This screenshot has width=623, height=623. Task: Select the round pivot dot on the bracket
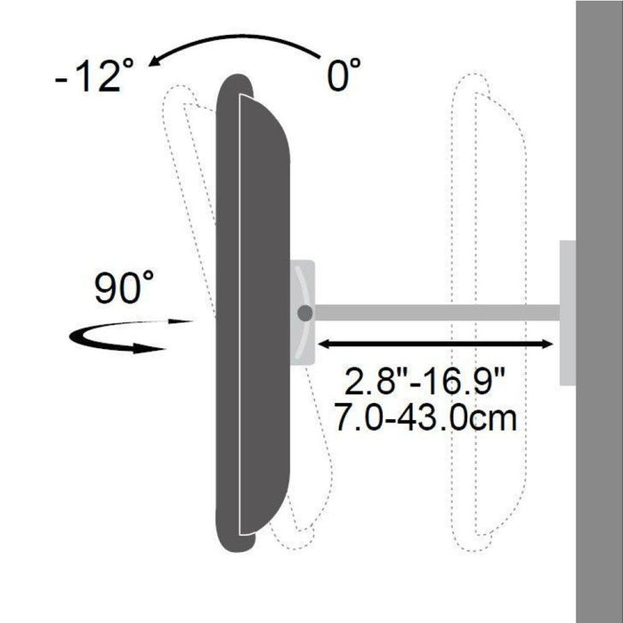(305, 313)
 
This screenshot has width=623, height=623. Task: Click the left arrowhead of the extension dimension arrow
(326, 344)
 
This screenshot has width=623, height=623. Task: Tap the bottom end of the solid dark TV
(233, 538)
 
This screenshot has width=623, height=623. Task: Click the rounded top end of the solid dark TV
(234, 85)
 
